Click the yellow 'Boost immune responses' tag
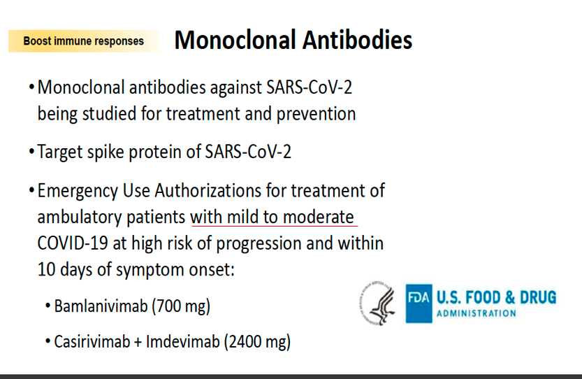(84, 41)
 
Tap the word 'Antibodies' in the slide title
(358, 40)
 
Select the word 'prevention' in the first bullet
(317, 114)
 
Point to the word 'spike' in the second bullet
(106, 152)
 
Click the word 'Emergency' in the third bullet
(78, 192)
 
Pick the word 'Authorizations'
(208, 191)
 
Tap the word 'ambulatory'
(80, 217)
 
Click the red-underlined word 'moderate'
(319, 217)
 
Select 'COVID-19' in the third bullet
(73, 243)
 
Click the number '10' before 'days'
(46, 269)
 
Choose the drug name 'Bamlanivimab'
(101, 306)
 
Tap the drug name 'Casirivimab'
(92, 341)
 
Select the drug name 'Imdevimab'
(182, 341)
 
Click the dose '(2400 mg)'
(257, 342)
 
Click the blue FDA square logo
(419, 303)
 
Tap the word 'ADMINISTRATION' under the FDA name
(476, 313)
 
